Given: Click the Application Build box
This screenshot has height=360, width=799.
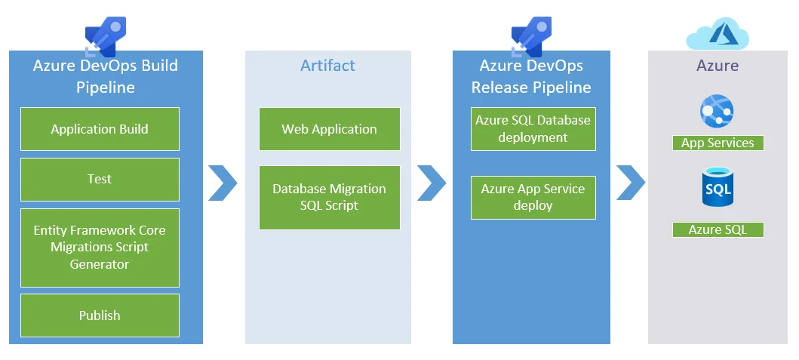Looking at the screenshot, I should (x=100, y=129).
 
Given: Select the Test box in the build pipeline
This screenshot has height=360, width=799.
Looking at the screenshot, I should (x=100, y=180).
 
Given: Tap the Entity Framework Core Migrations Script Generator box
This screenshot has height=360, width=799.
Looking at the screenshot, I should (x=100, y=248).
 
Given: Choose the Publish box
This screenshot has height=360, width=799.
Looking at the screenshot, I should (x=100, y=315).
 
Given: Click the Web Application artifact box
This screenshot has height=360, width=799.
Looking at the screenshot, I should (x=330, y=129).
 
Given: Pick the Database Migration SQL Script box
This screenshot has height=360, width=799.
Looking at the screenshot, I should (x=330, y=197).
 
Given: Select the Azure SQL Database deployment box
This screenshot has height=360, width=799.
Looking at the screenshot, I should (x=533, y=129).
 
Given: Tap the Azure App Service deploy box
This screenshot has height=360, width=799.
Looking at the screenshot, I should (x=533, y=197).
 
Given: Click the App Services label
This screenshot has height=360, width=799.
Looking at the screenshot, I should (x=718, y=143).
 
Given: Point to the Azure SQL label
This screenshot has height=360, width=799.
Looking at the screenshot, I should (x=718, y=230).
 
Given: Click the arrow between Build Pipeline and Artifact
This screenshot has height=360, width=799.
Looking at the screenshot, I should (x=223, y=183).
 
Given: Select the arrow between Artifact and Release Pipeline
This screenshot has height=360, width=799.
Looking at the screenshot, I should (x=432, y=183).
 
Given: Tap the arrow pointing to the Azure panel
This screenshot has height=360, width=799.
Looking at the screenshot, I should (x=631, y=183).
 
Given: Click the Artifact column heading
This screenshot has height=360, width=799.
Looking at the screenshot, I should (x=327, y=66).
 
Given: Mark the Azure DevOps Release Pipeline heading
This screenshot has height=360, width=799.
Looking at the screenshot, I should (x=531, y=76).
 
